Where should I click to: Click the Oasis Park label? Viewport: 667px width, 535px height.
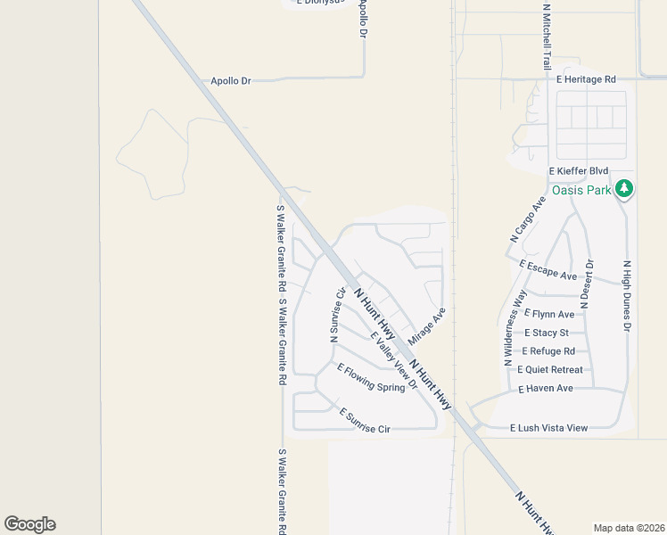pyautogui.click(x=581, y=190)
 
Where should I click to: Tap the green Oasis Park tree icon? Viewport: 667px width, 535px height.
pyautogui.click(x=625, y=188)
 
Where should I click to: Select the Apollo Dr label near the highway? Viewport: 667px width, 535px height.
pyautogui.click(x=230, y=81)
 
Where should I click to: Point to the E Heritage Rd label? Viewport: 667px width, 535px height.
pyautogui.click(x=586, y=79)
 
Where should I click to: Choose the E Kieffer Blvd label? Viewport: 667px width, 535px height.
pyautogui.click(x=578, y=170)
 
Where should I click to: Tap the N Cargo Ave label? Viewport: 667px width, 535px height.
pyautogui.click(x=526, y=220)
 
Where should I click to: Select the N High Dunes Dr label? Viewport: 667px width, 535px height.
pyautogui.click(x=627, y=297)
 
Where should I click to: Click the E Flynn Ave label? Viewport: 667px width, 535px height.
pyautogui.click(x=549, y=314)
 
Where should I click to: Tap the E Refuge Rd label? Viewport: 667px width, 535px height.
pyautogui.click(x=548, y=351)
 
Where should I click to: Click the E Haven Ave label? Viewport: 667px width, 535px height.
pyautogui.click(x=546, y=389)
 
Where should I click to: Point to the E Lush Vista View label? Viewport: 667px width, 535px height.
pyautogui.click(x=548, y=428)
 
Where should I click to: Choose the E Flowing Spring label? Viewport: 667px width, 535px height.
pyautogui.click(x=370, y=377)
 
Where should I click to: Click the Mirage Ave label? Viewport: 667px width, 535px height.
pyautogui.click(x=426, y=327)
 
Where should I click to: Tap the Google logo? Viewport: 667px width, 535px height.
pyautogui.click(x=29, y=524)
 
